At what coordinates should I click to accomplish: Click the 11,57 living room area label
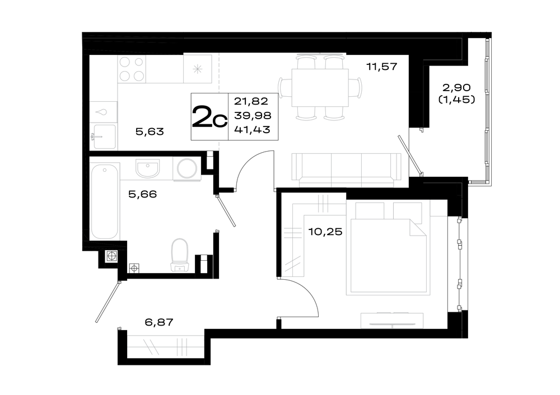pyautogui.click(x=382, y=67)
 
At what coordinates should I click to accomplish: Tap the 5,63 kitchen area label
pyautogui.click(x=150, y=131)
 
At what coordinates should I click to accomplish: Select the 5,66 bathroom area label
pyautogui.click(x=142, y=195)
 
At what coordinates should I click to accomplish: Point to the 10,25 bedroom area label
pyautogui.click(x=325, y=232)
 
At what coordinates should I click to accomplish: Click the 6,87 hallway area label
pyautogui.click(x=159, y=322)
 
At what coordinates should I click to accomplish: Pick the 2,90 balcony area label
pyautogui.click(x=456, y=87)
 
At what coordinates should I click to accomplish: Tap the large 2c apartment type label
pyautogui.click(x=209, y=117)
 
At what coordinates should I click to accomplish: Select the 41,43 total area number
pyautogui.click(x=252, y=130)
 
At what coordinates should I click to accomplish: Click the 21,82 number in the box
pyautogui.click(x=251, y=101)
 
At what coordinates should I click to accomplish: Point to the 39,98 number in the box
pyautogui.click(x=253, y=116)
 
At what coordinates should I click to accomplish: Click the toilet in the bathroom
pyautogui.click(x=180, y=255)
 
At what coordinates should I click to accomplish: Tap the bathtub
pyautogui.click(x=104, y=201)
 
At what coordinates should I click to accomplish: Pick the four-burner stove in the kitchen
pyautogui.click(x=132, y=69)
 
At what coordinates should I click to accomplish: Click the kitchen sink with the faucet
pyautogui.click(x=105, y=136)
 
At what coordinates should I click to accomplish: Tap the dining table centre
pyautogui.click(x=320, y=88)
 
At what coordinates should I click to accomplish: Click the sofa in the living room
pyautogui.click(x=347, y=170)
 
